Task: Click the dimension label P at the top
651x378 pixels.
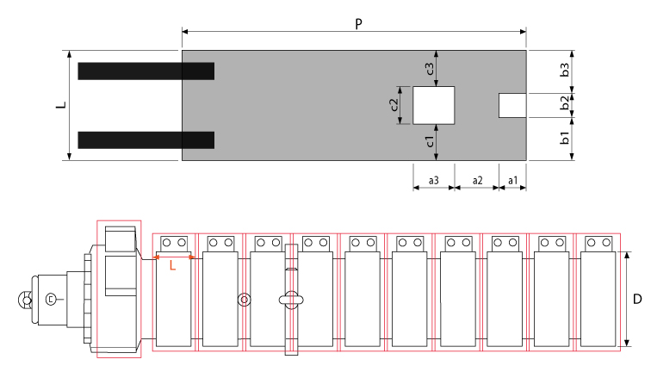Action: [x=359, y=24]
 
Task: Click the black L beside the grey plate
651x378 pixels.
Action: [x=61, y=105]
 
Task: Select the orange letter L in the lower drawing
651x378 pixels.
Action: [x=173, y=265]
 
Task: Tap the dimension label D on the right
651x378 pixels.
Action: [x=637, y=299]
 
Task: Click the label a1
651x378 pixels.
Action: [x=512, y=181]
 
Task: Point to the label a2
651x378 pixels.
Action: [x=477, y=181]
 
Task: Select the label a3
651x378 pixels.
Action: [x=433, y=181]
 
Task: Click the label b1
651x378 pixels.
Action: [x=565, y=138]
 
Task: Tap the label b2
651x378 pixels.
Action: [x=565, y=103]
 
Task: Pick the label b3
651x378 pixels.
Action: [x=565, y=70]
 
